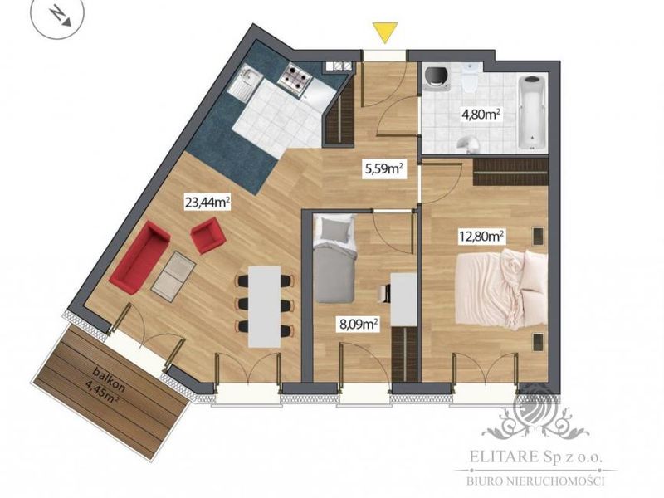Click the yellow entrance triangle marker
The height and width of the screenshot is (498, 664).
pyautogui.click(x=384, y=32)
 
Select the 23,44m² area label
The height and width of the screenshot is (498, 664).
pyautogui.click(x=207, y=202)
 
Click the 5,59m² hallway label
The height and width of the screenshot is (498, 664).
pyautogui.click(x=383, y=169)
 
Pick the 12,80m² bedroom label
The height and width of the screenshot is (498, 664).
pyautogui.click(x=482, y=236)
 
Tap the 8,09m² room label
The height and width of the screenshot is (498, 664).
pyautogui.click(x=359, y=325)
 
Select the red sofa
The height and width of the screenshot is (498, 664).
pyautogui.click(x=139, y=257)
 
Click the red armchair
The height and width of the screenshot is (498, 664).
pyautogui.click(x=207, y=236)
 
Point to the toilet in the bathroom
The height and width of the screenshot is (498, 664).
pyautogui.click(x=469, y=79)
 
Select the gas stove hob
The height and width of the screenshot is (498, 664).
pyautogui.click(x=295, y=78)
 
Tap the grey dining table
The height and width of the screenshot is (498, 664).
pyautogui.click(x=265, y=306)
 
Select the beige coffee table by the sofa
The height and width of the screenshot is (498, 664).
pyautogui.click(x=173, y=276)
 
